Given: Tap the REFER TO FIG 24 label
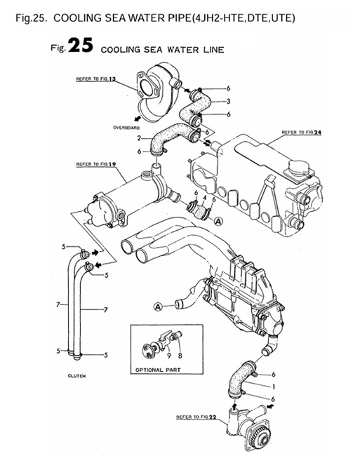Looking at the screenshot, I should point(300,132).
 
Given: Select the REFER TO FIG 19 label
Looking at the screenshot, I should point(95,164).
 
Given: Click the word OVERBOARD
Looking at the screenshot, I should point(126,128).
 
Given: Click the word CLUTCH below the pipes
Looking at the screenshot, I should point(76,376).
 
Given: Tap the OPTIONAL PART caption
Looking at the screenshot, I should point(153,369).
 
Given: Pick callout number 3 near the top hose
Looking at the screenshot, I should point(228,102).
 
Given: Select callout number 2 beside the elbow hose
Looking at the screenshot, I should point(140,138).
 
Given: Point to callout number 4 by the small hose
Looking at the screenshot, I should point(204,200).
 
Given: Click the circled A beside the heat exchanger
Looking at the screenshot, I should point(218,221).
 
